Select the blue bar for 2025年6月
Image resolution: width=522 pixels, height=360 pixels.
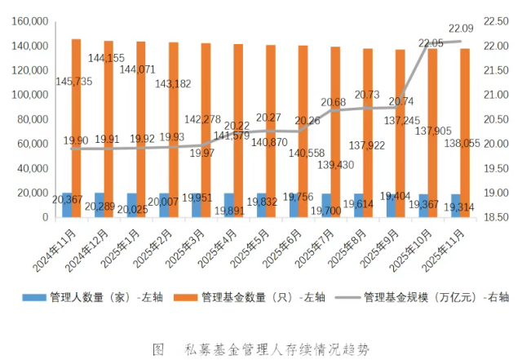pos(294,206)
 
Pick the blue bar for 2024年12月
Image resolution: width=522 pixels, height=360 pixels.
pos(99,205)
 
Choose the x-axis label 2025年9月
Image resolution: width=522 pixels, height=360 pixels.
pos(381,244)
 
